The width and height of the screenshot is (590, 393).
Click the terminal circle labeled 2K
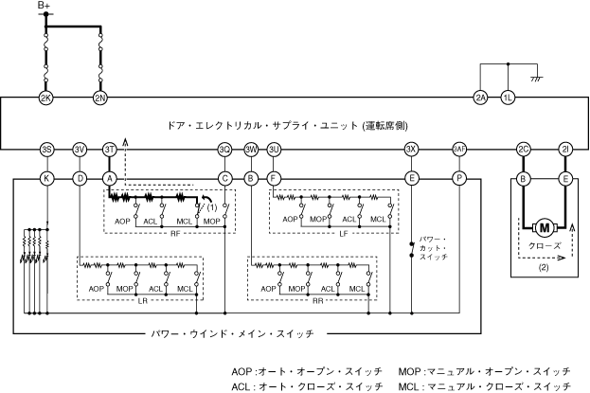pos(45,98)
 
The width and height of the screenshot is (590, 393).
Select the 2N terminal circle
pos(99,98)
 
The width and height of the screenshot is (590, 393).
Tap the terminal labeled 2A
pos(480,98)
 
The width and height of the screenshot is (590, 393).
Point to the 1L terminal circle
pos(509,98)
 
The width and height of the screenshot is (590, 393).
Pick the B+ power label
pos(45,7)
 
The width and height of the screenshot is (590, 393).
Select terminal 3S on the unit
pos(46,150)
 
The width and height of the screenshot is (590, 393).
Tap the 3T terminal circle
pos(109,150)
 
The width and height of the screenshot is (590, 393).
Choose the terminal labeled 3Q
pos(224,150)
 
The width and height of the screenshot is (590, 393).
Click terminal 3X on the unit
pos(411,150)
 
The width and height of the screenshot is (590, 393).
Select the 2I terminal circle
pos(565,150)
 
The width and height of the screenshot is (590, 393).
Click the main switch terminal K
pos(46,177)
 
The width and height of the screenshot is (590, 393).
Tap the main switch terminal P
pos(459,177)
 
